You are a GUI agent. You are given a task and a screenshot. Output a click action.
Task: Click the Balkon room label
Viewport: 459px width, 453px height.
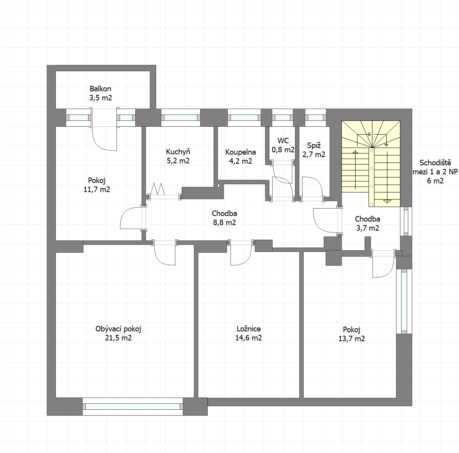100,89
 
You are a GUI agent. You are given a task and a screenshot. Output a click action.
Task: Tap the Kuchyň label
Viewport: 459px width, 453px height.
178,152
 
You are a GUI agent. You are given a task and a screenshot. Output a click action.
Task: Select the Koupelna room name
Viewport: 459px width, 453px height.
241,152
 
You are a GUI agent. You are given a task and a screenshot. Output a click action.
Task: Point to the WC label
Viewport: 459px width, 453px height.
283,141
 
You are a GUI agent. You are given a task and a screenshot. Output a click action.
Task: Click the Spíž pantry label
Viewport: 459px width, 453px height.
314,145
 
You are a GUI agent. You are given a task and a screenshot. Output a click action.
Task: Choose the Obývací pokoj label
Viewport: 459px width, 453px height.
118,329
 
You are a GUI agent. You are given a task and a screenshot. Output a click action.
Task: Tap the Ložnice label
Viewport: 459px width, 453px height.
249,329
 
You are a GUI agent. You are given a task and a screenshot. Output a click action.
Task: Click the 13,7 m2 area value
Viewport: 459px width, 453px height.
352,339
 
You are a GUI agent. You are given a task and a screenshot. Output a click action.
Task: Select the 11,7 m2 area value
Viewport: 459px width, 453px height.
97,189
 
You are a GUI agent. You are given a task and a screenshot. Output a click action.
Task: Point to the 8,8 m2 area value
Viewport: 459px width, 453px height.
224,222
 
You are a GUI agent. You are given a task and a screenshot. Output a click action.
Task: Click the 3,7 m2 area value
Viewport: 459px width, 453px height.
367,228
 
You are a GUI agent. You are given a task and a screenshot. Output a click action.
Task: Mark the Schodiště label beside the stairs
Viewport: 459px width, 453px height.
435,163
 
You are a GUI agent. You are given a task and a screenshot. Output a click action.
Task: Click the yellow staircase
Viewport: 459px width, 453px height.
371,163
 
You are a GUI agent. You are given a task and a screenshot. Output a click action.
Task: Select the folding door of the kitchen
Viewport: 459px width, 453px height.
158,189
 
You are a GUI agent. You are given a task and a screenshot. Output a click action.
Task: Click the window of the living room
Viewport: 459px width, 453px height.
133,407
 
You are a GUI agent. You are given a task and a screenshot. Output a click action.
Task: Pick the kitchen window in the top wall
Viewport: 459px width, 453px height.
181,118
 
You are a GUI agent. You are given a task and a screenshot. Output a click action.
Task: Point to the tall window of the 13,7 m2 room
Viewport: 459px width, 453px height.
404,301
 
